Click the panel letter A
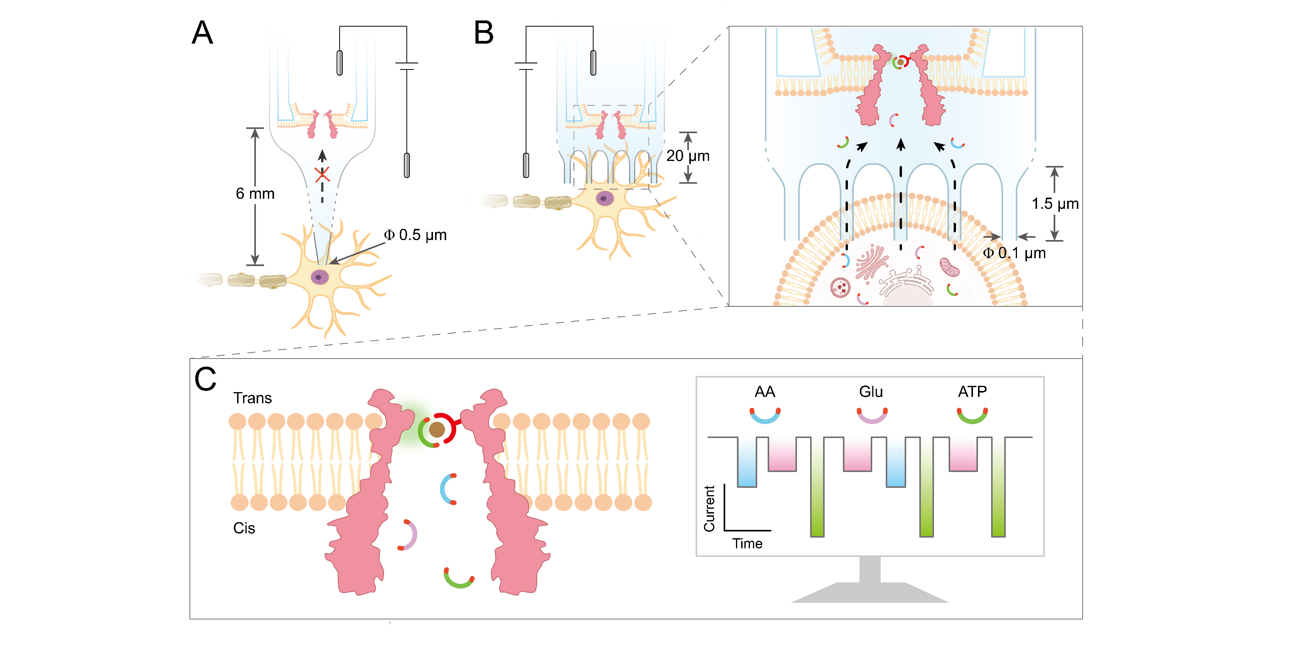pos(203,33)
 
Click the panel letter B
pos(484,33)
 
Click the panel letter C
pos(205,379)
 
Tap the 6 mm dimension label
pos(255,194)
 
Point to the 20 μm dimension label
pos(688,156)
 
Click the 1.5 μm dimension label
pos(1055,204)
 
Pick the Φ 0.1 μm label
pos(1014,253)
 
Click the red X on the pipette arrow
pos(322,174)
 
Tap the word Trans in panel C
pos(252,398)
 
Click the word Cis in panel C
pos(244,528)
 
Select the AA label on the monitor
pos(765,392)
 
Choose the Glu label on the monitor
pos(871,392)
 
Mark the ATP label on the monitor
pos(972,392)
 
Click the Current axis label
pos(709,509)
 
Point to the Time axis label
pos(747,544)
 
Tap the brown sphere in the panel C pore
pos(437,430)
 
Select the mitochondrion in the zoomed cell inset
pos(950,267)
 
